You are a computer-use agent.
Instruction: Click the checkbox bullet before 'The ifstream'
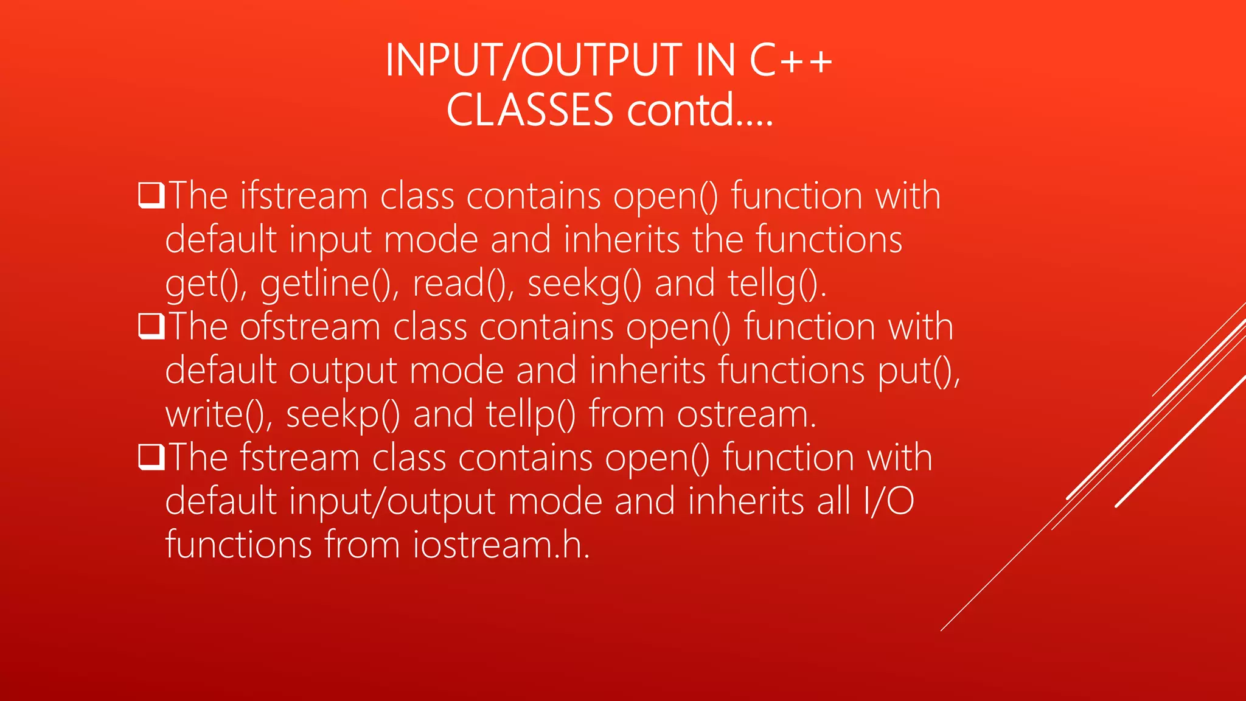[x=151, y=195]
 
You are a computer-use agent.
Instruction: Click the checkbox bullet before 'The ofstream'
[x=151, y=326]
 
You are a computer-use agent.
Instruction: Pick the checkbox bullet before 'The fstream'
[x=151, y=457]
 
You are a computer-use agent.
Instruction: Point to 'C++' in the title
[x=790, y=60]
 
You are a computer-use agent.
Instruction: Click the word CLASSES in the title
[x=530, y=110]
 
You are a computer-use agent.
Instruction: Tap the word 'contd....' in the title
[x=700, y=110]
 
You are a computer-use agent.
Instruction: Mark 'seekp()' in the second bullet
[x=343, y=415]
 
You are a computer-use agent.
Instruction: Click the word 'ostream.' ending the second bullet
[x=747, y=415]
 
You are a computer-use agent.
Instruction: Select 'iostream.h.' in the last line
[x=501, y=545]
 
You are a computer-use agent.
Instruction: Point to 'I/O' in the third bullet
[x=888, y=501]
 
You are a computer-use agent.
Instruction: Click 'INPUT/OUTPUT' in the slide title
[x=534, y=60]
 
